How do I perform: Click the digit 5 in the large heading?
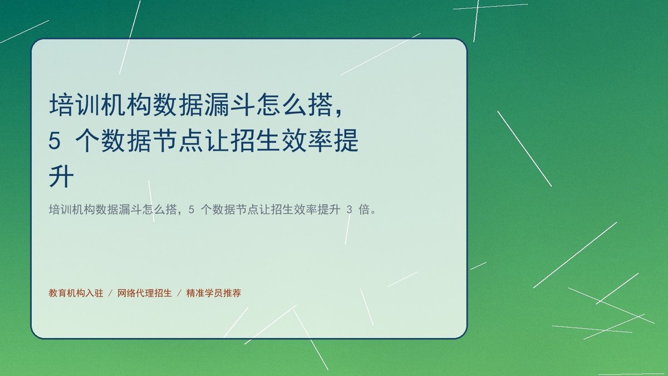pos(55,141)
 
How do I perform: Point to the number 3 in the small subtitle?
pos(350,210)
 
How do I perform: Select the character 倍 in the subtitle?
pos(364,209)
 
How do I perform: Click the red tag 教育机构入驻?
pos(76,293)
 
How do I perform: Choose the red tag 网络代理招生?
pos(145,293)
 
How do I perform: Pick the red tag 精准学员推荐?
pos(214,293)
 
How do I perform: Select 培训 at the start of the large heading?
pos(74,105)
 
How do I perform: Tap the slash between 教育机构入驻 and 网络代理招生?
pos(110,293)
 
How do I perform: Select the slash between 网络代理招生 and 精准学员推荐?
pos(179,293)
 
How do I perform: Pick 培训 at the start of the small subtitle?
pos(60,209)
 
